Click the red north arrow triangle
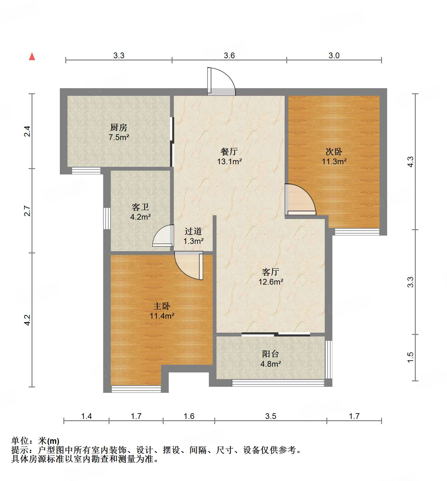32,56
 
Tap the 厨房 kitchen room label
119,128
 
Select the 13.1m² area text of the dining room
229,162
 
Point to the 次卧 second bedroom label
334,152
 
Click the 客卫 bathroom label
140,207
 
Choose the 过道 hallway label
193,231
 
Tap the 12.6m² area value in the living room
271,282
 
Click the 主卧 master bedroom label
162,306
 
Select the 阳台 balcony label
270,354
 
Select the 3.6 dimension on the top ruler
229,55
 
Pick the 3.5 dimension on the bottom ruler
271,416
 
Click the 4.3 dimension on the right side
410,162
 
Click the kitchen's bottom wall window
86,171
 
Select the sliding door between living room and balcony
276,334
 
